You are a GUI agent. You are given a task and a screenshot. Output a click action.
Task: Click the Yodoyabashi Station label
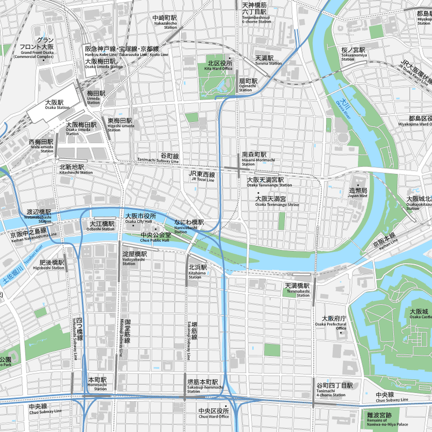click(x=133, y=257)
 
